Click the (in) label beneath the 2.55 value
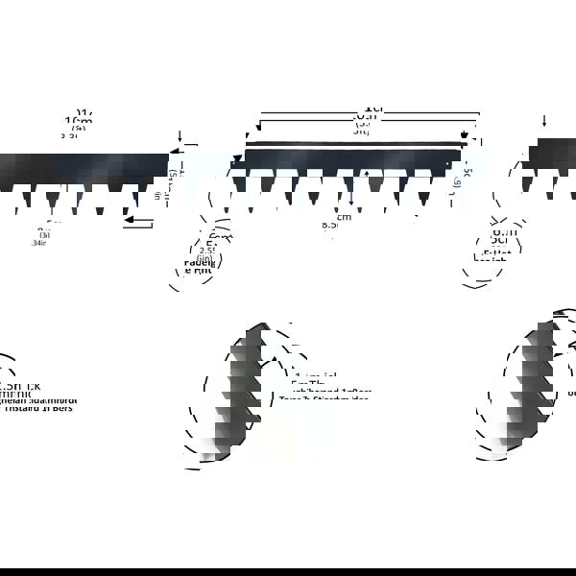[x=204, y=259]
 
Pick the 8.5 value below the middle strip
[x=329, y=225]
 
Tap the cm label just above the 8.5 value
[x=343, y=216]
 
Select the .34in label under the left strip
[x=38, y=243]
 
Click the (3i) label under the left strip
[x=45, y=234]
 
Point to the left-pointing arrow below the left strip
[x=138, y=222]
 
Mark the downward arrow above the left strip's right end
[x=180, y=136]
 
